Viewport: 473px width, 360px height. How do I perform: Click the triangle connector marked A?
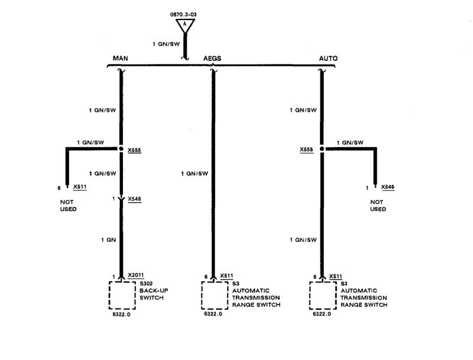pyautogui.click(x=185, y=24)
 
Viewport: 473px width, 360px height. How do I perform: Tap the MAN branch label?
pyautogui.click(x=121, y=59)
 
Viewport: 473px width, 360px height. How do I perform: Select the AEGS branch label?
pyautogui.click(x=212, y=59)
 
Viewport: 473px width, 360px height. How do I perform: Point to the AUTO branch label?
pyautogui.click(x=328, y=59)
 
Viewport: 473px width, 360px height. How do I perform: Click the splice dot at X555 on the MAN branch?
pyautogui.click(x=121, y=150)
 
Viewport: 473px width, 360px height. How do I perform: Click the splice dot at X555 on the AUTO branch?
pyautogui.click(x=322, y=150)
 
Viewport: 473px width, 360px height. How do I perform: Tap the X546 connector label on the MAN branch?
pyautogui.click(x=134, y=199)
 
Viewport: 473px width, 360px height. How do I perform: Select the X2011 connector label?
pyautogui.click(x=136, y=275)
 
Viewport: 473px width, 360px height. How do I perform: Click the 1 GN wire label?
pyautogui.click(x=108, y=239)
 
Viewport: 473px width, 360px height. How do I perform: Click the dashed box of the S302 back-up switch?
pyautogui.click(x=122, y=294)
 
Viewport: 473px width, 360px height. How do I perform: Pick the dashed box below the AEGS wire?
pyautogui.click(x=213, y=294)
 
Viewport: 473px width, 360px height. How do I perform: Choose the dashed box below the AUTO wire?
pyautogui.click(x=322, y=294)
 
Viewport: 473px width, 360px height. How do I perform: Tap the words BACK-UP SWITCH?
pyautogui.click(x=151, y=294)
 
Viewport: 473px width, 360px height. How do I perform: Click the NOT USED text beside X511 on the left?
pyautogui.click(x=69, y=205)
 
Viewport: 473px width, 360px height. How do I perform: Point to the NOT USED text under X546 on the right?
pyautogui.click(x=378, y=205)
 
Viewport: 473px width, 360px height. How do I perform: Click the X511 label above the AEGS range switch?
pyautogui.click(x=226, y=275)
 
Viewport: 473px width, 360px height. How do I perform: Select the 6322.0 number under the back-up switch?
pyautogui.click(x=121, y=314)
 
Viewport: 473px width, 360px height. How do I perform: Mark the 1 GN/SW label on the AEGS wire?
pyautogui.click(x=196, y=173)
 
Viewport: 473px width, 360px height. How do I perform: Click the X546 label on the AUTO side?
pyautogui.click(x=387, y=187)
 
